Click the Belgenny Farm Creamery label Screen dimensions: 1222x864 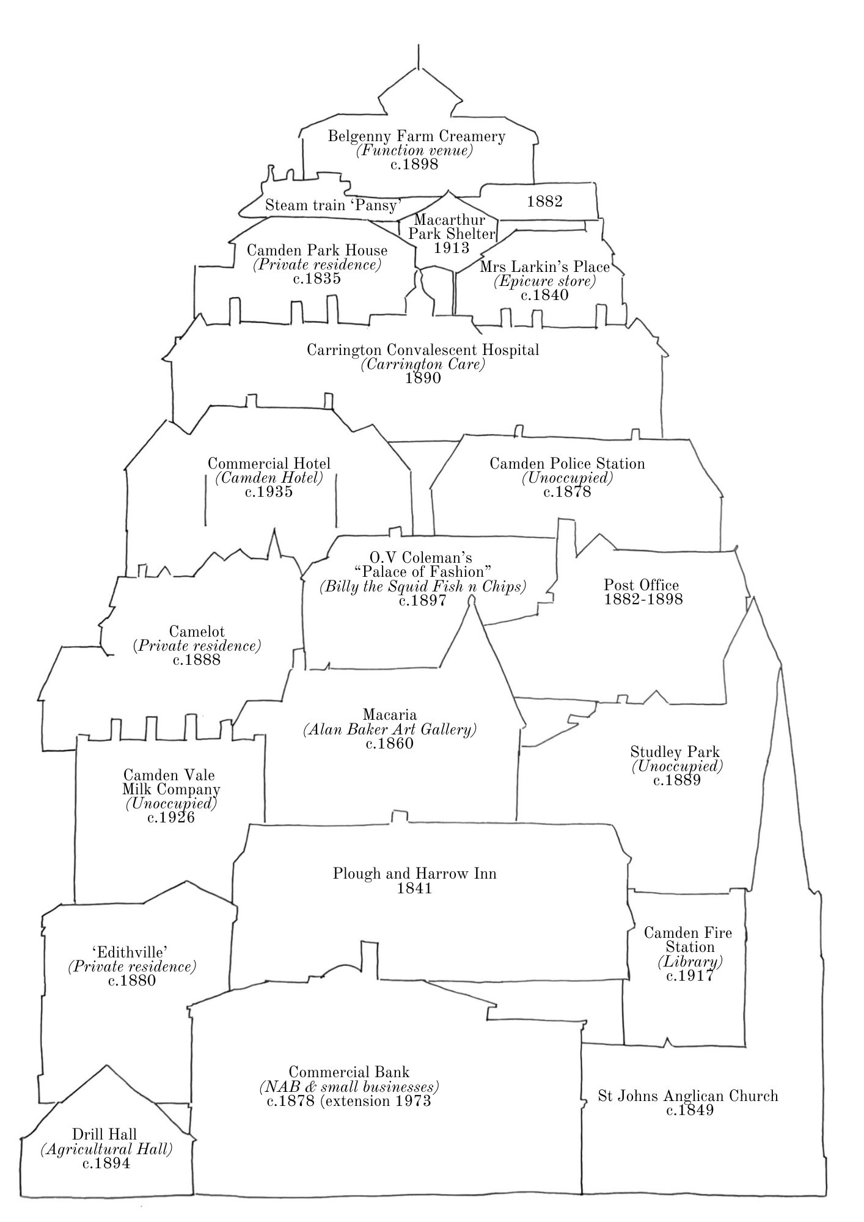pyautogui.click(x=417, y=136)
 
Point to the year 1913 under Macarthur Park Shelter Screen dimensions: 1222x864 pyautogui.click(x=452, y=247)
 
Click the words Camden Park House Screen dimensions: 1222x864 pyautogui.click(x=317, y=250)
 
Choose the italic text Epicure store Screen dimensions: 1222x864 pyautogui.click(x=544, y=281)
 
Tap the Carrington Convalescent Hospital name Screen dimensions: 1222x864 pyautogui.click(x=423, y=350)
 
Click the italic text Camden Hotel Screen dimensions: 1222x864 pyautogui.click(x=269, y=478)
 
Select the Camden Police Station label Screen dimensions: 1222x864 pyautogui.click(x=567, y=464)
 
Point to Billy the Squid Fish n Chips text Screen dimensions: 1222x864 pyautogui.click(x=423, y=587)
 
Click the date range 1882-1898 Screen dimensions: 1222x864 pyautogui.click(x=643, y=599)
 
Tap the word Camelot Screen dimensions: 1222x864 pyautogui.click(x=197, y=632)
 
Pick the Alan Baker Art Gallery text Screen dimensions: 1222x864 pyautogui.click(x=390, y=729)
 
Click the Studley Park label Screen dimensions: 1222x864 pyautogui.click(x=675, y=752)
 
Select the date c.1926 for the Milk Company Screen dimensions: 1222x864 pyautogui.click(x=171, y=818)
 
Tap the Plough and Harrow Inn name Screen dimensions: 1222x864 pyautogui.click(x=415, y=874)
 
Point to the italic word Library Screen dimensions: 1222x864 pyautogui.click(x=690, y=962)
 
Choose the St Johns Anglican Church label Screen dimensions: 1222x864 pyautogui.click(x=688, y=1096)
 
